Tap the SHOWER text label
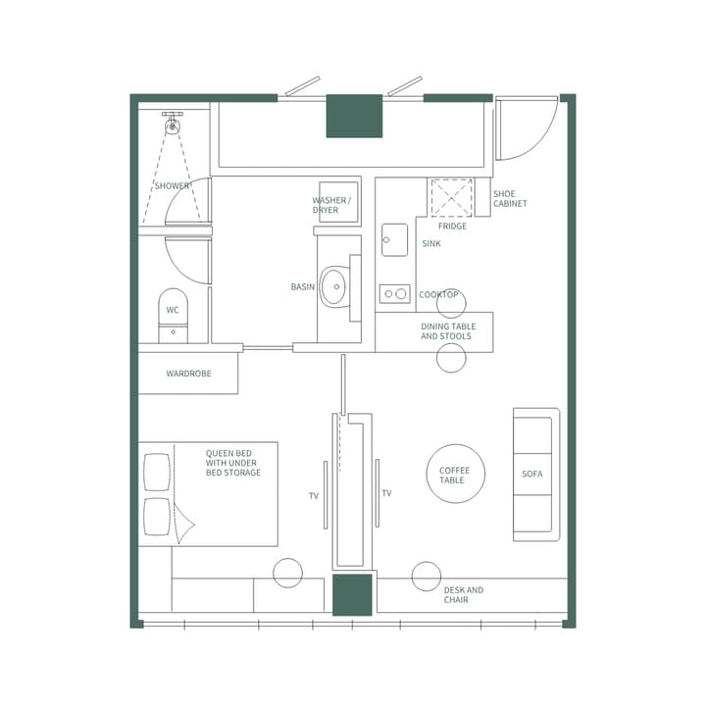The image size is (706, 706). [173, 186]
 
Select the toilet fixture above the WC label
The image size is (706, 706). [173, 304]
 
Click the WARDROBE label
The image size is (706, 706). [188, 374]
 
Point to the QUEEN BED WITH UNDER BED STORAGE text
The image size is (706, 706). [233, 463]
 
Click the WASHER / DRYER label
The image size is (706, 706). [326, 205]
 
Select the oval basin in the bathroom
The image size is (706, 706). [333, 286]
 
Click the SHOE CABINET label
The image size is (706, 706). [510, 199]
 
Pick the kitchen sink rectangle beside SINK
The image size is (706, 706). [395, 239]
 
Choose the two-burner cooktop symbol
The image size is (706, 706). [395, 293]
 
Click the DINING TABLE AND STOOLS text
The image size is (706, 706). [447, 331]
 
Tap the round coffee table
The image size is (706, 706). [455, 475]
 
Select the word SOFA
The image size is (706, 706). [532, 475]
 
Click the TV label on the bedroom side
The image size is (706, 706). [314, 496]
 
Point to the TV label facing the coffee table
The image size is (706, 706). [386, 493]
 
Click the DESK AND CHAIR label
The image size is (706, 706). [464, 595]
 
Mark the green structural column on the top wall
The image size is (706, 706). [354, 116]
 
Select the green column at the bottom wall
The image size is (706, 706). [352, 595]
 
